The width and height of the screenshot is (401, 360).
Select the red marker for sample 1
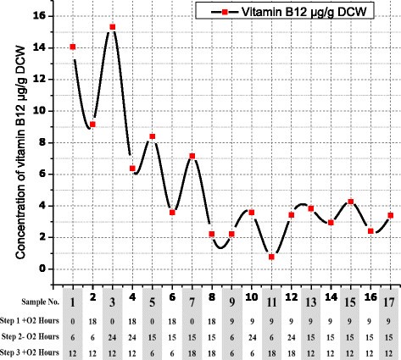click(x=73, y=47)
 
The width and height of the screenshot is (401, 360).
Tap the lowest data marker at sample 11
click(x=271, y=257)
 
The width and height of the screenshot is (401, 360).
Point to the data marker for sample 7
click(x=192, y=156)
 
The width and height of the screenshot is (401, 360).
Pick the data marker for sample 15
click(x=350, y=202)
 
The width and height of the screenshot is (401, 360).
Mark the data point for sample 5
click(x=153, y=136)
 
